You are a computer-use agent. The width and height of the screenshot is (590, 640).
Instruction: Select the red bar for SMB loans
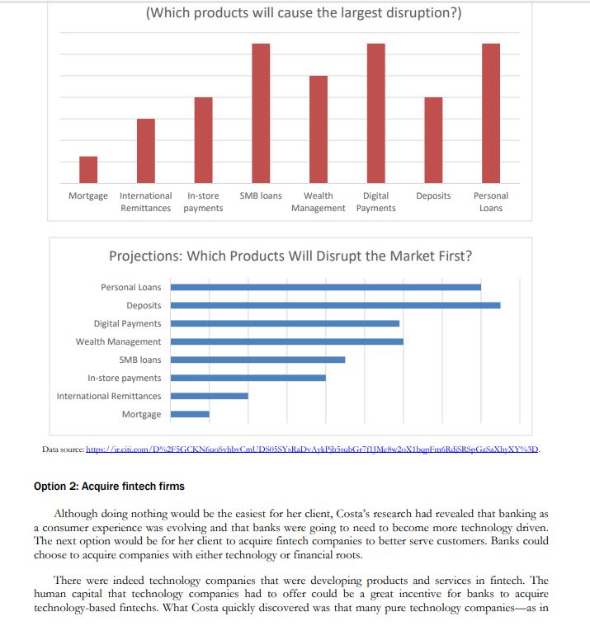pos(261,113)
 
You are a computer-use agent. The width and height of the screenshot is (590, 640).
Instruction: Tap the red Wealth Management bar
pos(319,129)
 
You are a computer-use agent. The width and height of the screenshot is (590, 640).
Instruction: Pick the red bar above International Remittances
pos(146,150)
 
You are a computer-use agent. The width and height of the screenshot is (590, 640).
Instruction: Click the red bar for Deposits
pos(433,139)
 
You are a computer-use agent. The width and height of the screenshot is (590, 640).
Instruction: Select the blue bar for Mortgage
pos(190,414)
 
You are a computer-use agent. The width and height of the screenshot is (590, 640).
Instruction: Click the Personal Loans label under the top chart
pos(491,201)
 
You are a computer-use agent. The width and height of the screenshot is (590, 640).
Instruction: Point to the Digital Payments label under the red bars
pos(375,201)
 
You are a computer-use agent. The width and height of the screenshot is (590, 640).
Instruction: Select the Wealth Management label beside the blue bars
pos(119,341)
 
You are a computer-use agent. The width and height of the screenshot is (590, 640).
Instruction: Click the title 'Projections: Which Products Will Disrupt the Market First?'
pos(290,256)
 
